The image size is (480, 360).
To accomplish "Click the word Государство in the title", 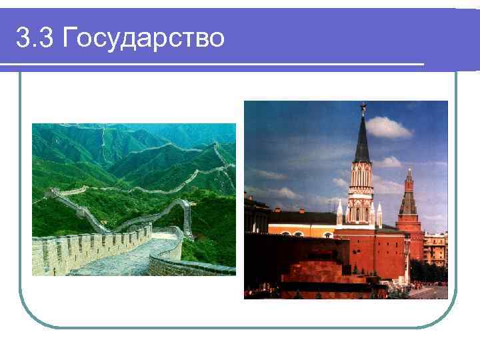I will tap(143, 39).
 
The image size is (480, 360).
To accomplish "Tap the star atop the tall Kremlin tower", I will tap(363, 107).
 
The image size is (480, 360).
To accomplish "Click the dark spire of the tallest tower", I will tap(363, 140).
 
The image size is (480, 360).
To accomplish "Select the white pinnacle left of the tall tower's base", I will tap(339, 213).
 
